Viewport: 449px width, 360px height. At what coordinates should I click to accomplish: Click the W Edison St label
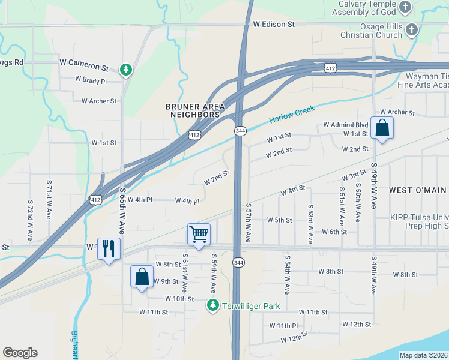[x=274, y=25]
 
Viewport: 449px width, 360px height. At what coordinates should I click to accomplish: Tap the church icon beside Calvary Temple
[x=406, y=7]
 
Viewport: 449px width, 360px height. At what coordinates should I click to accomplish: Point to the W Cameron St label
[x=84, y=62]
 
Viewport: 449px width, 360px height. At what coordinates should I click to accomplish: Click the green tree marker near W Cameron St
[x=126, y=70]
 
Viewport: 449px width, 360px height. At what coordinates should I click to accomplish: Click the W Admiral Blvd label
[x=345, y=125]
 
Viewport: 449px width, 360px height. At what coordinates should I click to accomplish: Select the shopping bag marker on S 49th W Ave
[x=382, y=128]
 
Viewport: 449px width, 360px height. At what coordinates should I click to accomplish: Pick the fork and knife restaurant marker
[x=109, y=248]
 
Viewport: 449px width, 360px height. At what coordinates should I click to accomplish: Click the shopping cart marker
[x=199, y=235]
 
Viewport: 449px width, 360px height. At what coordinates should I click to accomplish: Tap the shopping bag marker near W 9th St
[x=142, y=277]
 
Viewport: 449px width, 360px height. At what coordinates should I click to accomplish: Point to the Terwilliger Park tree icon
[x=212, y=305]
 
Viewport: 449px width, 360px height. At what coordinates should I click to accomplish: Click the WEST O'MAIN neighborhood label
[x=417, y=190]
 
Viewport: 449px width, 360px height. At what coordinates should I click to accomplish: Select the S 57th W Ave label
[x=248, y=221]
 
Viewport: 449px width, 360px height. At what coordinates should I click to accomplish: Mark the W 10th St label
[x=179, y=298]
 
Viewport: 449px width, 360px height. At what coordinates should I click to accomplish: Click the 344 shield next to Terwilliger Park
[x=239, y=263]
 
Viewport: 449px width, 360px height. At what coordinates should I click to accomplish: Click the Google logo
[x=20, y=353]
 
